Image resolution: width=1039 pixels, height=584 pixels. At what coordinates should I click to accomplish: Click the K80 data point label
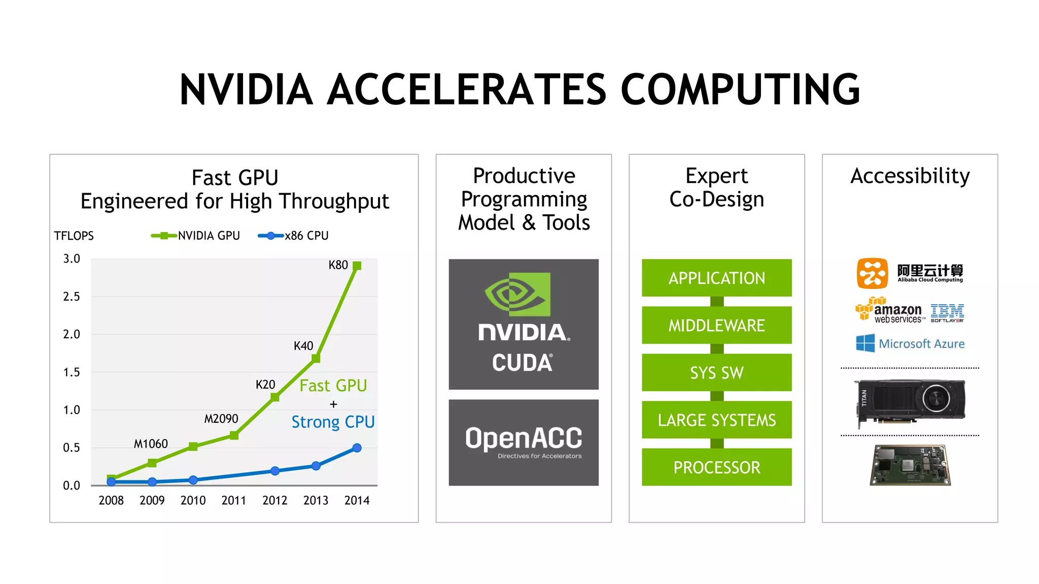338,265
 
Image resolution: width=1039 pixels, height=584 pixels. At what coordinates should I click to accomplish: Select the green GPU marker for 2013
316,358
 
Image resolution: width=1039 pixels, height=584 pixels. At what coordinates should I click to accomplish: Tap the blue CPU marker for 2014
357,448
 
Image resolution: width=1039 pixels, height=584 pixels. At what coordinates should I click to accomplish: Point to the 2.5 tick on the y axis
72,297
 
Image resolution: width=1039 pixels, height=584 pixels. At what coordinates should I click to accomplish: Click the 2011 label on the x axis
234,500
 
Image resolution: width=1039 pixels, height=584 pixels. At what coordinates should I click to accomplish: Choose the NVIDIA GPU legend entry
196,236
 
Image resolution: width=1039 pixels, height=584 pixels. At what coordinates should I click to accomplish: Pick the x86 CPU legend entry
294,236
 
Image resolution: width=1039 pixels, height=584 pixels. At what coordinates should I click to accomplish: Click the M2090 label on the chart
221,419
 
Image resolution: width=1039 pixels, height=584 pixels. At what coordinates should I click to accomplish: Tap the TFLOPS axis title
74,236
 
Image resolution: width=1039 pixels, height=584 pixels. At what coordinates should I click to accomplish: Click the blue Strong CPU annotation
333,422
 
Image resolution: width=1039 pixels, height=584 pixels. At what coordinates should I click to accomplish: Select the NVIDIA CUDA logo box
524,324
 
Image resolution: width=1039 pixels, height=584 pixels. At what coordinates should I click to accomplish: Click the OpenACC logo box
524,442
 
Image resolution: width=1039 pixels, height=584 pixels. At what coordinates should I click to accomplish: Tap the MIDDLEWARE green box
716,325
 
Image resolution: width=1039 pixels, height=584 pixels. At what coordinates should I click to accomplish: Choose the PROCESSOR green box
716,467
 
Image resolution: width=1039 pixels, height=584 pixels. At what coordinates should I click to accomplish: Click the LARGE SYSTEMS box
716,420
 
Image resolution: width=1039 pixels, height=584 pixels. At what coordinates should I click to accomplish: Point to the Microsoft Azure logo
910,344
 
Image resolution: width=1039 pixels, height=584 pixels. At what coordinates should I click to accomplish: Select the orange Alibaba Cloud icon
872,273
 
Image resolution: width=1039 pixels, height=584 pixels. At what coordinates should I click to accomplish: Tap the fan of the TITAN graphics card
936,398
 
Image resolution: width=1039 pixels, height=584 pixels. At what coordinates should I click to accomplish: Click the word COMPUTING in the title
740,89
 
